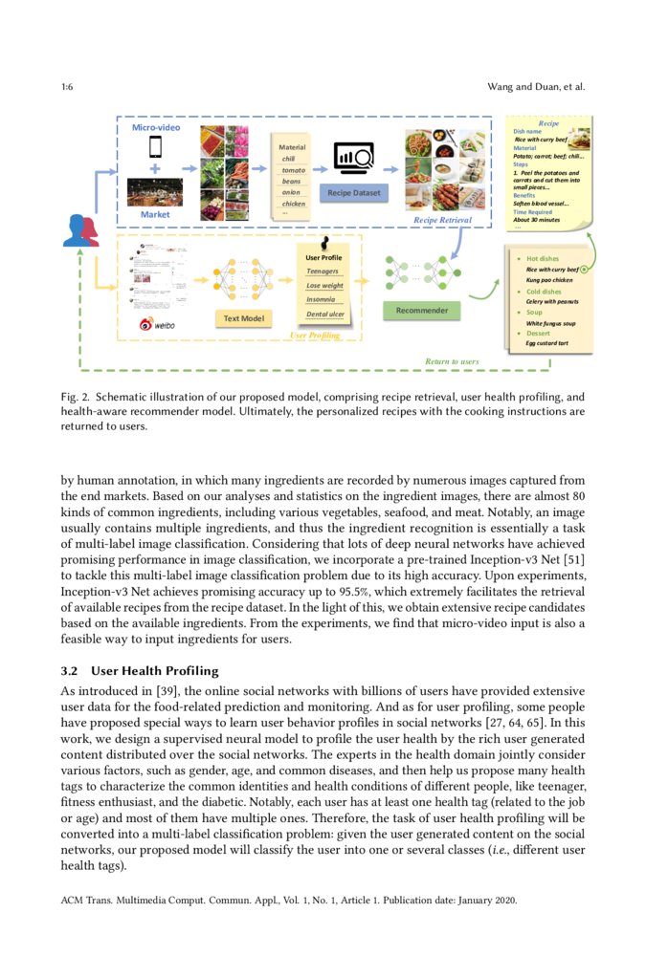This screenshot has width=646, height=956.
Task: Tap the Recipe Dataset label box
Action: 354,193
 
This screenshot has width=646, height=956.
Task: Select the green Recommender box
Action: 421,311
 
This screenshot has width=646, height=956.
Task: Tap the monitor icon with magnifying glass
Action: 354,158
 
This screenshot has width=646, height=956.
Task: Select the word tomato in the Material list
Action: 293,170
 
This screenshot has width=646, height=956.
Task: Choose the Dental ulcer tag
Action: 325,314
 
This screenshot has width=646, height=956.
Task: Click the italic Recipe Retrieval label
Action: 443,220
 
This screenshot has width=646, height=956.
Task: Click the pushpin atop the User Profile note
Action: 324,243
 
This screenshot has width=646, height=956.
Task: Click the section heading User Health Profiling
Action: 162,671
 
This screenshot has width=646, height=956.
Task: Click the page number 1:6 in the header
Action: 67,88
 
